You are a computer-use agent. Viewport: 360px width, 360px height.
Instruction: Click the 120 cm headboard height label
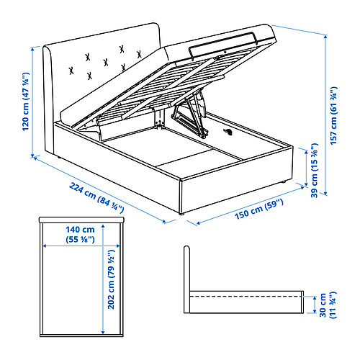(25, 102)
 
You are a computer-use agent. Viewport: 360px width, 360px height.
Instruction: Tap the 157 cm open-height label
(334, 116)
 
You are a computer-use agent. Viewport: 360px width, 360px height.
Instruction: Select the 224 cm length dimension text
(96, 197)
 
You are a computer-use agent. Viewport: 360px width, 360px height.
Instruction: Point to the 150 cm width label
(259, 210)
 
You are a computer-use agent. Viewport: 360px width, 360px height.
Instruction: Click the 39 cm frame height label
(315, 170)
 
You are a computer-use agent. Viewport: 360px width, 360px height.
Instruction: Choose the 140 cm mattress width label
(80, 234)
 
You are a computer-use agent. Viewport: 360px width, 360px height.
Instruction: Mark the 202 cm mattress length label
(111, 279)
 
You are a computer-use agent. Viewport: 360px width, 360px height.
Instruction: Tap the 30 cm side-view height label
(328, 305)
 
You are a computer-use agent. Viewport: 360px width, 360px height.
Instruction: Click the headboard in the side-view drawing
(187, 279)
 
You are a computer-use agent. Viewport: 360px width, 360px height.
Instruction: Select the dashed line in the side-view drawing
(246, 297)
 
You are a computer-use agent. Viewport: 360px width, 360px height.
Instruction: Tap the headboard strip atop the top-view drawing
(81, 220)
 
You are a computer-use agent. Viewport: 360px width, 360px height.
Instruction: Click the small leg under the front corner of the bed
(181, 213)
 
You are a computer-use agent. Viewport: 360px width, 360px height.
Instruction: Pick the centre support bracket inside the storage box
(158, 118)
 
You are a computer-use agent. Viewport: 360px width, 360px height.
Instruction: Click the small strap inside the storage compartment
(228, 132)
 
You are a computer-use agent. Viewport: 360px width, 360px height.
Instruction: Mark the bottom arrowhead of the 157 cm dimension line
(325, 193)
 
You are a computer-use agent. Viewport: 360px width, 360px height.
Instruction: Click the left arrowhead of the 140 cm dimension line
(45, 246)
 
